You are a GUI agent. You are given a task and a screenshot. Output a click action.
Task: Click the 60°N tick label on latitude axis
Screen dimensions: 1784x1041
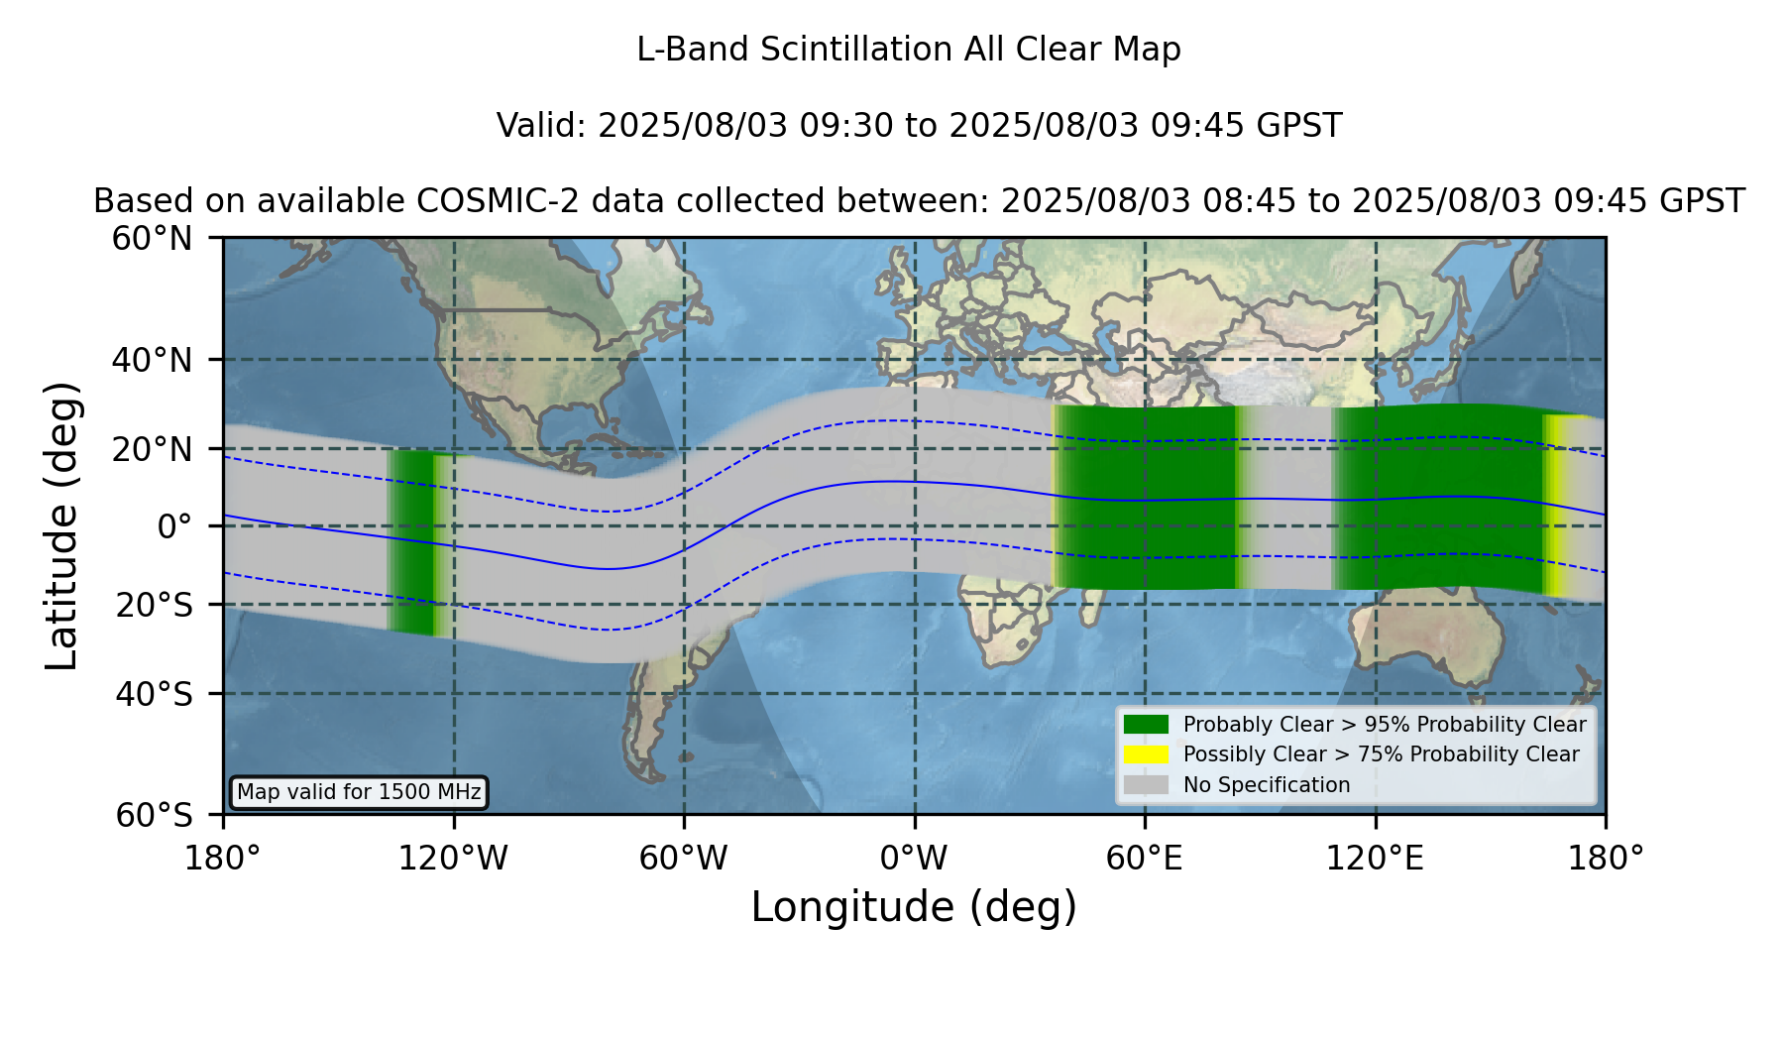click(152, 239)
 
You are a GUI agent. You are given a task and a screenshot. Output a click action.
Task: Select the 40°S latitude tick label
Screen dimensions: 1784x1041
click(154, 694)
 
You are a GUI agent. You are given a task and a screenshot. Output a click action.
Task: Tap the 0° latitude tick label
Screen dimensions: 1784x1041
click(174, 526)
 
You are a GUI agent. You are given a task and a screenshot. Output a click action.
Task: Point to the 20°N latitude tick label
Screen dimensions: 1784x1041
click(152, 449)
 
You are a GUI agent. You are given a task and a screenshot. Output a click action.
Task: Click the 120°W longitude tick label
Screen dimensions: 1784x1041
click(453, 858)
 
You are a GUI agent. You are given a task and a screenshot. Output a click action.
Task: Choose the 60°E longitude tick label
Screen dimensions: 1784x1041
click(1145, 858)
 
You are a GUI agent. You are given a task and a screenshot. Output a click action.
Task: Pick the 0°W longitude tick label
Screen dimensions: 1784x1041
click(914, 858)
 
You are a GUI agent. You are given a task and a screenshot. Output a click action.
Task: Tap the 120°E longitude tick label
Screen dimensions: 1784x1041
click(1375, 858)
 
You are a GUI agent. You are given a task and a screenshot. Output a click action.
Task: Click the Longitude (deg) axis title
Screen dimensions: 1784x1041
click(914, 907)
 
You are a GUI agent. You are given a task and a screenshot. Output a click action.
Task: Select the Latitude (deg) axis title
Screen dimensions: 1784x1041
click(61, 525)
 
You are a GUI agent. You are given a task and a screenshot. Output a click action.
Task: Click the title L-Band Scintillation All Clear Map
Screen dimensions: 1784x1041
click(909, 49)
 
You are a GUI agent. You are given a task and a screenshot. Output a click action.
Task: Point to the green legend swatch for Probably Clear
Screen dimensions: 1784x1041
click(1146, 724)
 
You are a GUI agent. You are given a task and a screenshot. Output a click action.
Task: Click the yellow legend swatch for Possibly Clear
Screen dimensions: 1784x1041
click(1146, 754)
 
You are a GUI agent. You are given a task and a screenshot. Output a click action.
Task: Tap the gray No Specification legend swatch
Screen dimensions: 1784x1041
click(1146, 785)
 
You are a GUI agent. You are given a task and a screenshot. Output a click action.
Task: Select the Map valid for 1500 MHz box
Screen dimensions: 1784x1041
click(359, 792)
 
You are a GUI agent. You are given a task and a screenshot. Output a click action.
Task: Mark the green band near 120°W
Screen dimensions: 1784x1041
click(422, 542)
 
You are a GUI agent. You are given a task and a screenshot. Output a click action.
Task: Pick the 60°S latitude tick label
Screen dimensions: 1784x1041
click(154, 815)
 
